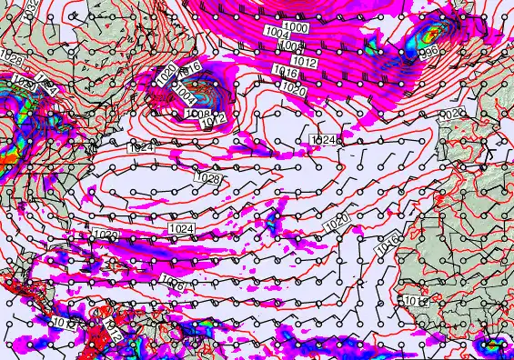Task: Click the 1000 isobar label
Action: click(x=297, y=28)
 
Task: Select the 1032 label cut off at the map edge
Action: click(x=32, y=6)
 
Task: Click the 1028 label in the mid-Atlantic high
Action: click(x=207, y=178)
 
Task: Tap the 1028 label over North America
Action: click(x=12, y=59)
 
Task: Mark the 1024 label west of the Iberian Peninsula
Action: click(x=323, y=139)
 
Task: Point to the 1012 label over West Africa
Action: click(x=415, y=301)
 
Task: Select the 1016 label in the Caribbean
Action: click(x=172, y=285)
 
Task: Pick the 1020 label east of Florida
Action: click(x=105, y=235)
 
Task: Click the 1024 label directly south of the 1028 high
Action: click(x=182, y=227)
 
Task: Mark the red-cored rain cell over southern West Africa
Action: click(x=496, y=345)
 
